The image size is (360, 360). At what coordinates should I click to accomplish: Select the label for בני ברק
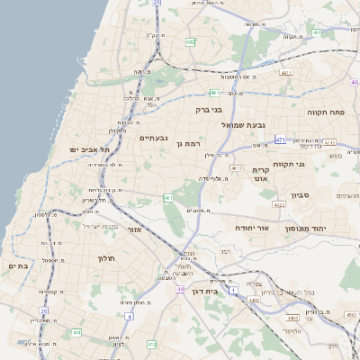209,110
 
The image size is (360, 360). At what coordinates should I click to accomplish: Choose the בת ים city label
18,266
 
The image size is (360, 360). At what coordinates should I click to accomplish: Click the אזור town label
137,230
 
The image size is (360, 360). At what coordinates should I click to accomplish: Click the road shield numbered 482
191,42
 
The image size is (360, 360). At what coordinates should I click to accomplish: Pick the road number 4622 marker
280,205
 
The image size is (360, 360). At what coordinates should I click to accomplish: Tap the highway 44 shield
180,289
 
